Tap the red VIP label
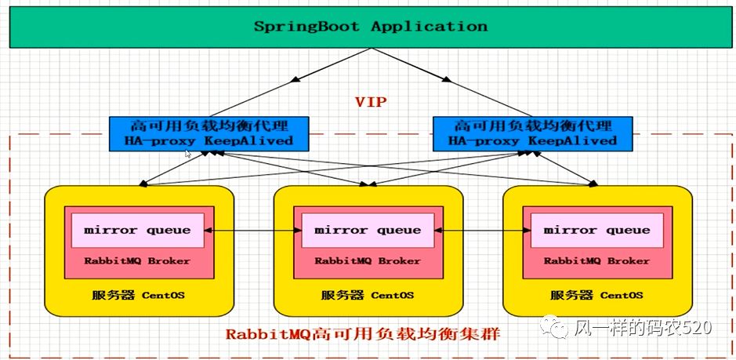click(371, 102)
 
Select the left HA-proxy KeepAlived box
click(208, 133)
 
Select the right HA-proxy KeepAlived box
click(533, 133)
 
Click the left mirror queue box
click(137, 231)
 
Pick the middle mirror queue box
click(368, 231)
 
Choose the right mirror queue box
click(596, 231)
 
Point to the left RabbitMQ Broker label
click(137, 261)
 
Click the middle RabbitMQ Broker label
click(368, 261)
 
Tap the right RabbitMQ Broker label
click(596, 261)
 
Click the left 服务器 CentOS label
click(139, 296)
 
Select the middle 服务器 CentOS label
click(368, 296)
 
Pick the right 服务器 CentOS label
click(596, 296)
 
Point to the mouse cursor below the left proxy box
click(188, 154)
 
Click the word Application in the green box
click(429, 26)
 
